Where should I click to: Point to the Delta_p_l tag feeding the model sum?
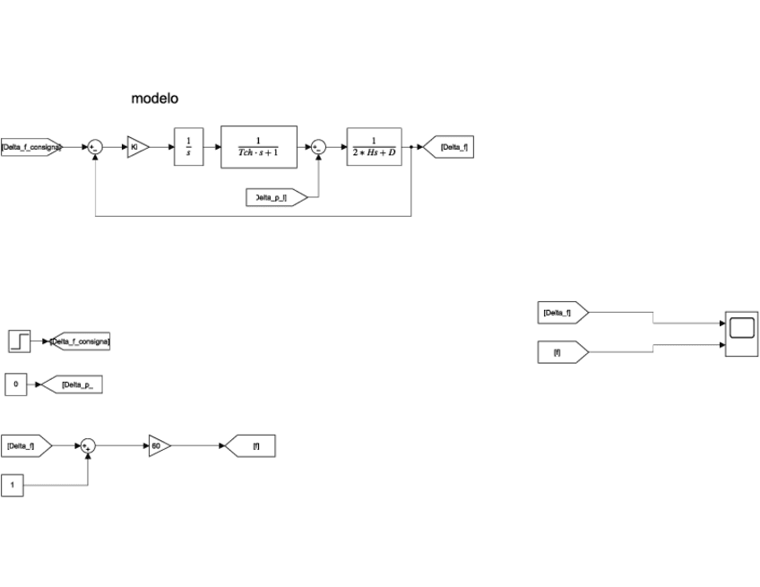274,197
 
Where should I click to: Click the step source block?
20,341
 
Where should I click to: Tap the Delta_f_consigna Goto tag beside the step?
81,341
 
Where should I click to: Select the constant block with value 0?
16,385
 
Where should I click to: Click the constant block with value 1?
13,485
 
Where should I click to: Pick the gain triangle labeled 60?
158,445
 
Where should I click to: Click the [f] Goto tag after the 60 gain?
252,445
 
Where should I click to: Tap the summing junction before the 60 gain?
88,445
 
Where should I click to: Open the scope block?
741,333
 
